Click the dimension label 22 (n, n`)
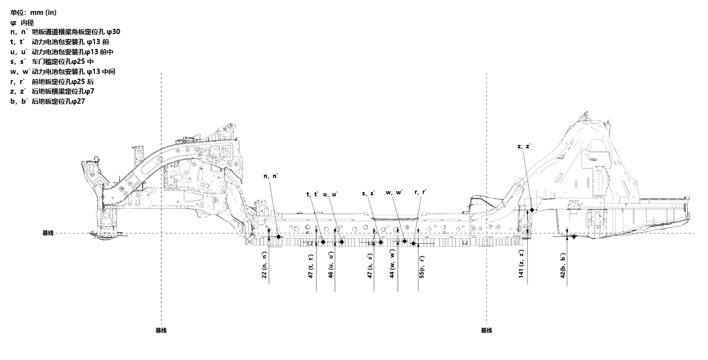(x=264, y=265)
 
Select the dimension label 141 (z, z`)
(x=521, y=264)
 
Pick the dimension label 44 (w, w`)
(x=392, y=264)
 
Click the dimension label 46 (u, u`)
(x=330, y=265)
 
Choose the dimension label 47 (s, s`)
(x=370, y=265)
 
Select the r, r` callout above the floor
(x=420, y=192)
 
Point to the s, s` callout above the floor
(x=368, y=193)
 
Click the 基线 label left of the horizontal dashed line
(x=48, y=233)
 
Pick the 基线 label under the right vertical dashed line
(x=486, y=330)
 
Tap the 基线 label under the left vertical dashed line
(x=161, y=330)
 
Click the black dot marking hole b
(x=574, y=236)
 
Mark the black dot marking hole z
(x=532, y=210)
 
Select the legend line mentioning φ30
(x=65, y=32)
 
